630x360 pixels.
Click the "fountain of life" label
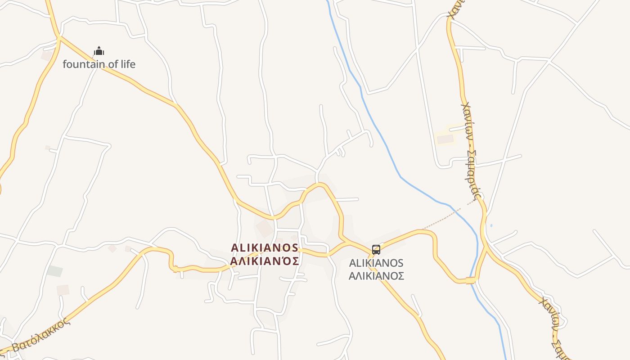(99, 64)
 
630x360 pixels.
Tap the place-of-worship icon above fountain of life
(99, 51)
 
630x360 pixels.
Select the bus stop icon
(376, 250)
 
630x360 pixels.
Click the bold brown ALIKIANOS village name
(265, 247)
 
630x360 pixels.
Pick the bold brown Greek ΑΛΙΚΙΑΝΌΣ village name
(265, 261)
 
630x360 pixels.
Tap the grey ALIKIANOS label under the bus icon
(376, 263)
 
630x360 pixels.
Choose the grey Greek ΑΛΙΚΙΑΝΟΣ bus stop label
(376, 275)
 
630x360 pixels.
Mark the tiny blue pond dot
(491, 225)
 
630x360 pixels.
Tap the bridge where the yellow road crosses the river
(471, 280)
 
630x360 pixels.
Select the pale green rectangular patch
(55, 271)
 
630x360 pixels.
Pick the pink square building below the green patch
(63, 290)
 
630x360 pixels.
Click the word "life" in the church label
(126, 64)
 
